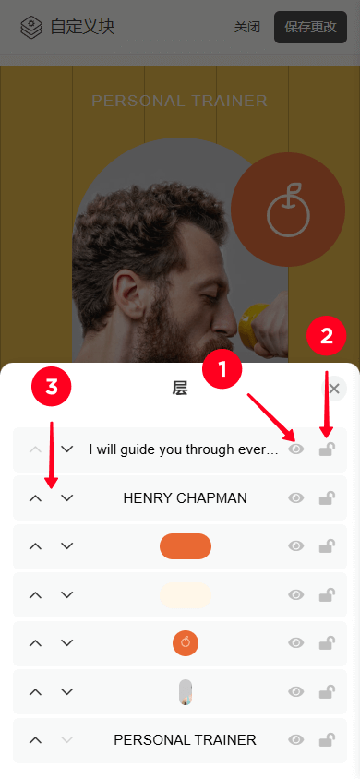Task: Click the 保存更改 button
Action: point(310,27)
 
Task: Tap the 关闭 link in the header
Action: point(247,27)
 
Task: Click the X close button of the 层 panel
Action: point(333,389)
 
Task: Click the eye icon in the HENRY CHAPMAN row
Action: point(296,497)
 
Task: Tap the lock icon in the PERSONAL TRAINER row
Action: point(327,739)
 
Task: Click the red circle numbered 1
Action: point(222,369)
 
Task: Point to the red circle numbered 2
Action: point(326,336)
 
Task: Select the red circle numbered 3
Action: point(52,388)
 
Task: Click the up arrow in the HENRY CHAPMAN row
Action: point(35,497)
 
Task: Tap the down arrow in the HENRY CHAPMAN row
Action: point(67,497)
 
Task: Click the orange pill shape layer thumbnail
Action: point(186,546)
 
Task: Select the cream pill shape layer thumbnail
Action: point(186,594)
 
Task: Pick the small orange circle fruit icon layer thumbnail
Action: point(186,643)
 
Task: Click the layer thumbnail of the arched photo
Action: point(186,691)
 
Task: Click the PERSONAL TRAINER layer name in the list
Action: point(186,739)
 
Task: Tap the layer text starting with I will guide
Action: point(184,449)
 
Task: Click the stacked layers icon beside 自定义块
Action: point(31,27)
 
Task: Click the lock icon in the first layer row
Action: point(327,449)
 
